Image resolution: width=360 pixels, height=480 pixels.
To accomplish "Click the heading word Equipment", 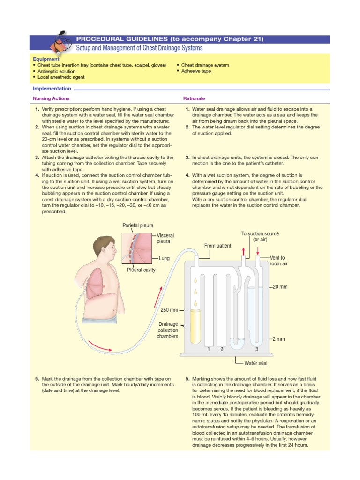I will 46,59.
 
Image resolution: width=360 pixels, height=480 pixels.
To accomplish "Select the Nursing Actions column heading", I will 51,98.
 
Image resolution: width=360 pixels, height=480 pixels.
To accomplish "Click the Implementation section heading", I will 52,89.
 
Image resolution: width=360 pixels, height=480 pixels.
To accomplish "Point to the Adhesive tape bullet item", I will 196,71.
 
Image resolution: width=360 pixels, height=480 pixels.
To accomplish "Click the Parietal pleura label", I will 137,225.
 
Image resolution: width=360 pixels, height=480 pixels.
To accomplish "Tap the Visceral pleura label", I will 165,238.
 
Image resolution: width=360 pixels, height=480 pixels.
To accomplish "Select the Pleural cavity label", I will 141,270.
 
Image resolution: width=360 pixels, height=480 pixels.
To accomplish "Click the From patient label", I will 217,246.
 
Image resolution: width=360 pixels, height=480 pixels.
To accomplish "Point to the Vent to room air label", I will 278,261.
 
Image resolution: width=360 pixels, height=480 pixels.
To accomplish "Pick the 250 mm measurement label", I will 169,310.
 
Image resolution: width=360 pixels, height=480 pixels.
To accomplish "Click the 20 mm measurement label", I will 280,286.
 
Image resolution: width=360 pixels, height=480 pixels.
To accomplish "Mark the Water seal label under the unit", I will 256,363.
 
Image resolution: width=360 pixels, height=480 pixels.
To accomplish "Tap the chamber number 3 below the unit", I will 257,349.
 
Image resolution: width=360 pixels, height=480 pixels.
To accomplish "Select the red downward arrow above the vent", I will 257,249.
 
